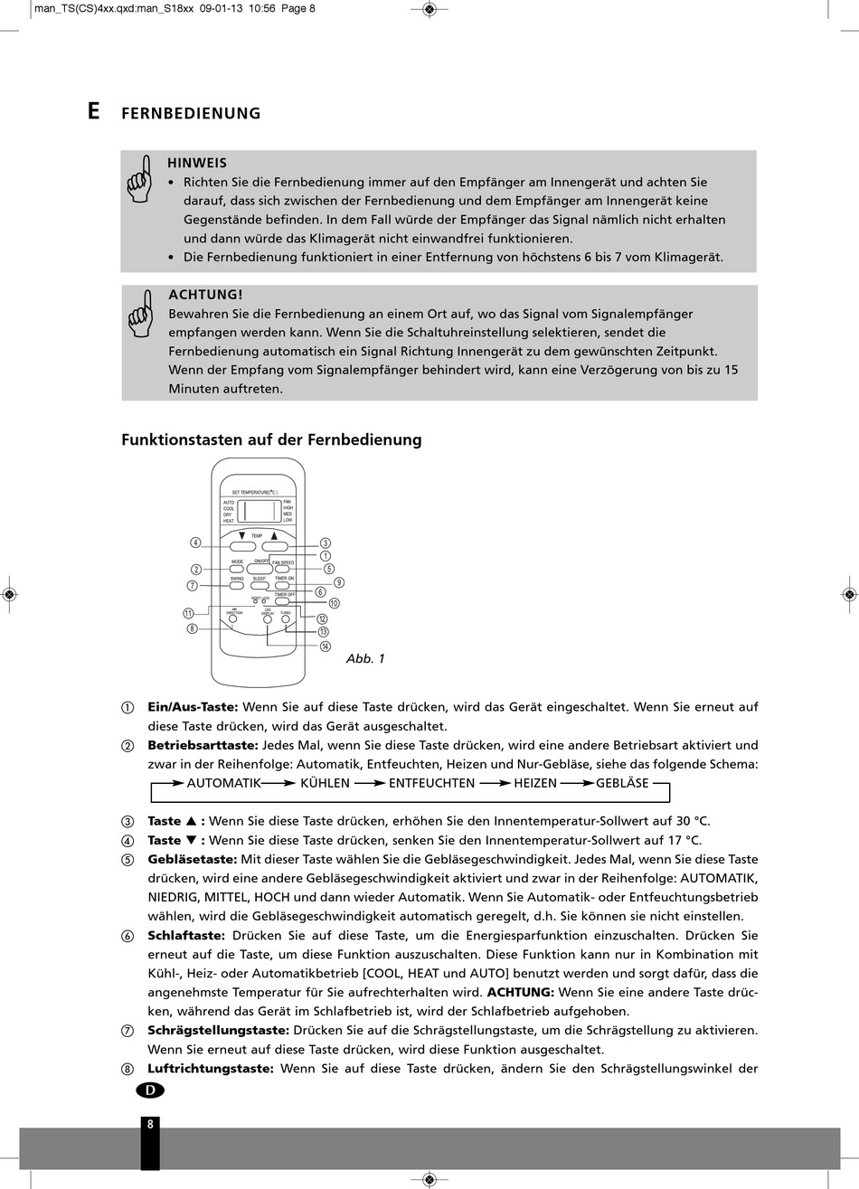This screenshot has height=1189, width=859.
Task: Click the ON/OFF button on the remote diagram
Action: (x=260, y=570)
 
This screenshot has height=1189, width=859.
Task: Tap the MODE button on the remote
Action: (x=237, y=570)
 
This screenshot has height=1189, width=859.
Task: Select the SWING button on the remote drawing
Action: (x=237, y=586)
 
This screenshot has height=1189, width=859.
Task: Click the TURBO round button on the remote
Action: (x=286, y=620)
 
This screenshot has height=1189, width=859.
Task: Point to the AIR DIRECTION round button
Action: (x=232, y=619)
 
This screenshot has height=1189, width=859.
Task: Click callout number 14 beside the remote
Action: (x=326, y=646)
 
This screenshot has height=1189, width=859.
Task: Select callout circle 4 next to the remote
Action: (x=195, y=543)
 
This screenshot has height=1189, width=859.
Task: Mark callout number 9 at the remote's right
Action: (x=339, y=583)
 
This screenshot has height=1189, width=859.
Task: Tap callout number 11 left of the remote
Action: (x=188, y=613)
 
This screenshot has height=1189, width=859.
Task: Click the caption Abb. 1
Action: (x=365, y=659)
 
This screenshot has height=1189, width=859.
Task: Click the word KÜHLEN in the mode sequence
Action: (x=325, y=783)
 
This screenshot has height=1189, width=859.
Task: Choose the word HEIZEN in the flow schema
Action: (x=535, y=783)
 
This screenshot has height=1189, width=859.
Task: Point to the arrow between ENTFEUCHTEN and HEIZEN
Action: (x=494, y=783)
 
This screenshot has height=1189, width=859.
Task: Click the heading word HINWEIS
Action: (x=197, y=164)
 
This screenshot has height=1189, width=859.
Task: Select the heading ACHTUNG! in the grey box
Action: (x=205, y=295)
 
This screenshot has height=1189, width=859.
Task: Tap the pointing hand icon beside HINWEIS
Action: (x=140, y=178)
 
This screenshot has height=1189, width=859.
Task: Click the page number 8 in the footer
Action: (x=150, y=1125)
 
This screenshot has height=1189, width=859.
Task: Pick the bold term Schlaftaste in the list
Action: (x=186, y=935)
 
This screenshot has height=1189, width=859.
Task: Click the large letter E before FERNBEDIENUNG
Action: (x=94, y=111)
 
